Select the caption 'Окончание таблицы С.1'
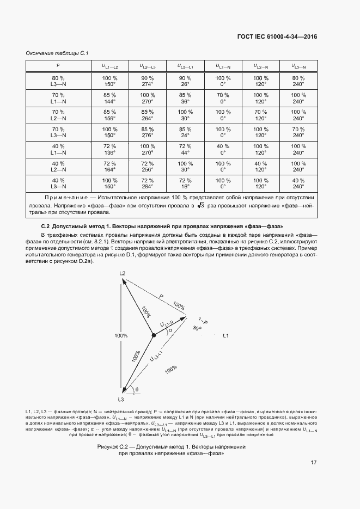pyautogui.click(x=57, y=53)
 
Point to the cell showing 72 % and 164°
pyautogui.click(x=109, y=166)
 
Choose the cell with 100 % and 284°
pyautogui.click(x=109, y=183)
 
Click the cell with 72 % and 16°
pyautogui.click(x=186, y=183)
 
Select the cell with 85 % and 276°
pyautogui.click(x=148, y=132)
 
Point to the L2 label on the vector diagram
pyautogui.click(x=123, y=273)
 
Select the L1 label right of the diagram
pyautogui.click(x=226, y=335)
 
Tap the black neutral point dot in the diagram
pyautogui.click(x=154, y=335)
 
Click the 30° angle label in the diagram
pyautogui.click(x=197, y=328)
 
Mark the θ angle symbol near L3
pyautogui.click(x=137, y=389)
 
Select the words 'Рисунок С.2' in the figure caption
pyautogui.click(x=112, y=446)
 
